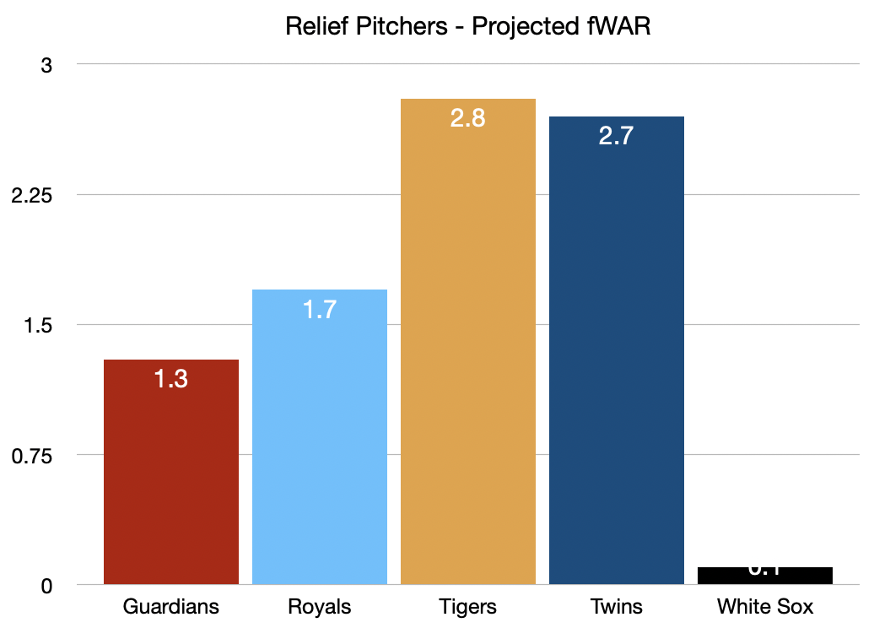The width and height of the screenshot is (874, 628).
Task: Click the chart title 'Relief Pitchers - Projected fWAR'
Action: (x=468, y=26)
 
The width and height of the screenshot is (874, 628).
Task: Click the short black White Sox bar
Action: (x=765, y=576)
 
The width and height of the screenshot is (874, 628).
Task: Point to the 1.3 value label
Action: (x=171, y=379)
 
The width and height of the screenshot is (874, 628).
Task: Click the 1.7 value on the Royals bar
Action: (x=320, y=309)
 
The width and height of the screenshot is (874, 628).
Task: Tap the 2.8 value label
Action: (x=468, y=118)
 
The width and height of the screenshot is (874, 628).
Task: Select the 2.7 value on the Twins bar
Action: (x=617, y=136)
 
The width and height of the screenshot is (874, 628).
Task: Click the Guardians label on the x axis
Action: (x=171, y=607)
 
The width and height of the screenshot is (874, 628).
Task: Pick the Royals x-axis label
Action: (x=320, y=607)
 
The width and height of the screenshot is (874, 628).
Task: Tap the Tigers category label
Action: (x=468, y=607)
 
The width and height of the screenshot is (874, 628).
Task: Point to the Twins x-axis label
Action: (x=617, y=607)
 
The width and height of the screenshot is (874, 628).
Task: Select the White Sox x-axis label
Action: (x=765, y=607)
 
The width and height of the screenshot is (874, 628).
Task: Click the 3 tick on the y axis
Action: (x=47, y=65)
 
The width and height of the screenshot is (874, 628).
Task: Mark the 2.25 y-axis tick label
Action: (x=31, y=195)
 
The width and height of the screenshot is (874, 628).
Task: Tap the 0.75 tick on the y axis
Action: (x=31, y=455)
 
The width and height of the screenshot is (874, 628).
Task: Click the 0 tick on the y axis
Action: (x=47, y=585)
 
